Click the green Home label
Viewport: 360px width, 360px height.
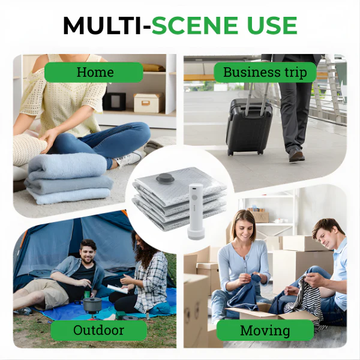pos(95,73)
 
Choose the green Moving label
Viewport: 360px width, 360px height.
pos(265,330)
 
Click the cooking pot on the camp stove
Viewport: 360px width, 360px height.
pos(92,304)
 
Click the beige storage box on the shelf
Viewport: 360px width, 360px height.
pos(149,102)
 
